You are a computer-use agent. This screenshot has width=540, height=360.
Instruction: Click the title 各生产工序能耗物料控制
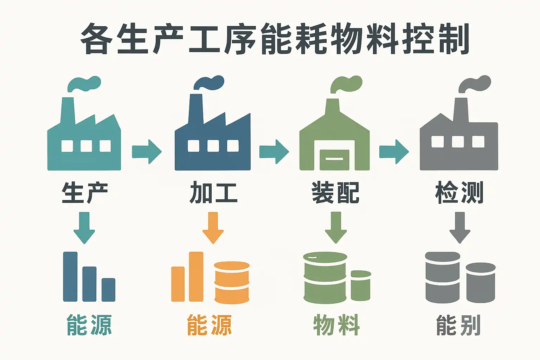[x=275, y=39]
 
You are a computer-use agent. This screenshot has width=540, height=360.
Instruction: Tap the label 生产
[x=84, y=193]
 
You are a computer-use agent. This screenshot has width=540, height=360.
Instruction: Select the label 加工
[x=213, y=193]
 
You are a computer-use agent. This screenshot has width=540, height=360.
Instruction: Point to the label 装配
[x=335, y=193]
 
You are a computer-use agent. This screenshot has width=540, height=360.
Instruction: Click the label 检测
[x=459, y=193]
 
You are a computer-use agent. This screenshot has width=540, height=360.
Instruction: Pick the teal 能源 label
[x=89, y=325]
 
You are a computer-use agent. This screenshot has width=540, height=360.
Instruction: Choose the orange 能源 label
[x=210, y=325]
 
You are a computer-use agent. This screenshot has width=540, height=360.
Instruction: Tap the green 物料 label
[x=336, y=325]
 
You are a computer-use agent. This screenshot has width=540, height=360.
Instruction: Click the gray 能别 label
[x=458, y=325]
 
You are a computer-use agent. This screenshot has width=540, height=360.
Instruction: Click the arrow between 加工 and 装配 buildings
[x=274, y=152]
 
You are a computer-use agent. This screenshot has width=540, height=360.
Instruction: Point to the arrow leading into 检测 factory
[x=394, y=152]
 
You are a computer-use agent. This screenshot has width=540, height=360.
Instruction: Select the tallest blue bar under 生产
[x=70, y=276]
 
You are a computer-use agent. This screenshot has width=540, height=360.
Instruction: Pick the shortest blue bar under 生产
[x=108, y=290]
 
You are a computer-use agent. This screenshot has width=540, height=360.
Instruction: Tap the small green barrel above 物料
[x=361, y=285]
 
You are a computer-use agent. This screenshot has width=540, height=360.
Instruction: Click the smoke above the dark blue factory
[x=210, y=83]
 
